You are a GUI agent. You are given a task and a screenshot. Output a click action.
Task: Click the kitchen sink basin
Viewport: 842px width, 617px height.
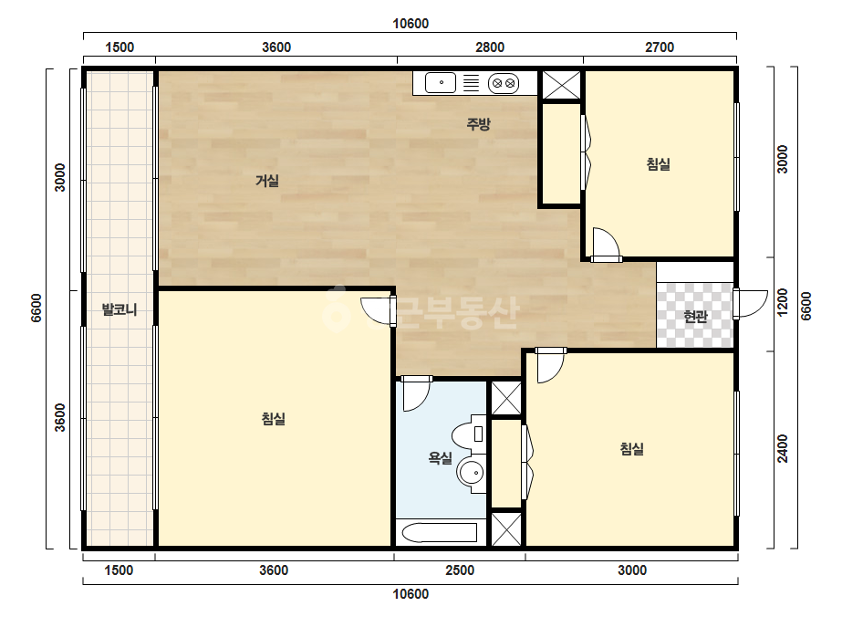tap(441, 83)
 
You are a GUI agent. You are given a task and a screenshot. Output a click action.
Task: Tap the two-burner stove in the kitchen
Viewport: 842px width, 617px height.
tap(504, 83)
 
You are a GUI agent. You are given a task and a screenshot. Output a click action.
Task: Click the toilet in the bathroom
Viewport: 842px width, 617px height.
tap(469, 433)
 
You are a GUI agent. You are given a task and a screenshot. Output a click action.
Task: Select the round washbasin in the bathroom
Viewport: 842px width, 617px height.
tap(472, 473)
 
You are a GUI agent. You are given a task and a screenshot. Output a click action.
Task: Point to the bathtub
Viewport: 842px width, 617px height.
tap(440, 533)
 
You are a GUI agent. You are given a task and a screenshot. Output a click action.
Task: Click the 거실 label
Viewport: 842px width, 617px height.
tap(267, 181)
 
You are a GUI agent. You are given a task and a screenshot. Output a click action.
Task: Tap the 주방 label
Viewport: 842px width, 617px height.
tap(478, 124)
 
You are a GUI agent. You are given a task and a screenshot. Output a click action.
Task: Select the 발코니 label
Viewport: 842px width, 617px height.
tap(120, 309)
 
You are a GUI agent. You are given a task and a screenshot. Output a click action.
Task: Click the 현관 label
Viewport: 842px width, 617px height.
tap(695, 317)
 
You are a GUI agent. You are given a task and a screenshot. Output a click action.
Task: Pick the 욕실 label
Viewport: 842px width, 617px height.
tap(440, 458)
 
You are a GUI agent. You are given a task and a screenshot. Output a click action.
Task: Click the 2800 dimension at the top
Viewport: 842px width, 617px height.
tap(490, 47)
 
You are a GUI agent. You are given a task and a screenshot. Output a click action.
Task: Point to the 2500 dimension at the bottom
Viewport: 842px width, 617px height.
tap(460, 570)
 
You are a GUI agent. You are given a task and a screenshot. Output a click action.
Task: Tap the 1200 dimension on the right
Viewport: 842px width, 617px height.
tap(783, 303)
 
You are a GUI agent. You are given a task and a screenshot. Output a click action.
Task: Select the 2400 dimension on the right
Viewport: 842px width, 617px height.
tap(783, 448)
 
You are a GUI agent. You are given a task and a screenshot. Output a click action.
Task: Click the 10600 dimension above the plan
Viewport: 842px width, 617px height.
tap(411, 24)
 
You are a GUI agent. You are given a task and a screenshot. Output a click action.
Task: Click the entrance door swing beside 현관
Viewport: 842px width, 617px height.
tap(751, 304)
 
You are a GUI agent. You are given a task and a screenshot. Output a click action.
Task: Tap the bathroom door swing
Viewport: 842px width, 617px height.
tap(417, 393)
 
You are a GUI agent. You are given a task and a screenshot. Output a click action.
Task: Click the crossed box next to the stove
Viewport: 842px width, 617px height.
tap(561, 85)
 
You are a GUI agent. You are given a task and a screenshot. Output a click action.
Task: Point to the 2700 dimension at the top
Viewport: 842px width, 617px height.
tap(660, 47)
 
